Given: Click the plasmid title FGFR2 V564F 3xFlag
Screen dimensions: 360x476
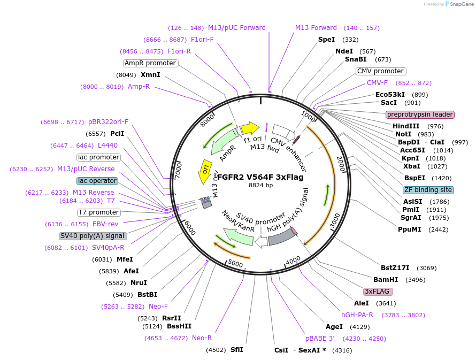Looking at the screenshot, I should point(260,177).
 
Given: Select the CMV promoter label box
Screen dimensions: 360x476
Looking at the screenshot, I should point(381,71).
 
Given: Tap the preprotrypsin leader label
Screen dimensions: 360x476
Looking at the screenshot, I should point(420,114).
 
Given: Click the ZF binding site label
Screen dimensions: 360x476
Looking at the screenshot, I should point(428,190).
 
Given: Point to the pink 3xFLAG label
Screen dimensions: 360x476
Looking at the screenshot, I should point(378,292).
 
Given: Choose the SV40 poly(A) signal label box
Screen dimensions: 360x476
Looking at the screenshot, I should point(93,236).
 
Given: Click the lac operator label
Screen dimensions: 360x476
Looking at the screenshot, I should point(97,181).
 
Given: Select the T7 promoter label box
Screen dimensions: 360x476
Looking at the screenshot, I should point(98,212).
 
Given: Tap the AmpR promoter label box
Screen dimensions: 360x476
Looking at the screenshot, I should point(150,63).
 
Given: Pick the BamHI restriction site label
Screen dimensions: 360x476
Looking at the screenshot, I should point(386,280).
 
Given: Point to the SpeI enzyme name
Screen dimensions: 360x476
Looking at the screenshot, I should point(326,40).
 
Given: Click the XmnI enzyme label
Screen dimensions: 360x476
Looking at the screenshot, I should point(150,75).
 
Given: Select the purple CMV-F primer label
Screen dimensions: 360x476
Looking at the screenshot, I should point(377,83).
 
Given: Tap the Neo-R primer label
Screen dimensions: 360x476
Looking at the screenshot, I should point(202,338).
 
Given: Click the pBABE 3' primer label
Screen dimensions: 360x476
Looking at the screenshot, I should point(320,338).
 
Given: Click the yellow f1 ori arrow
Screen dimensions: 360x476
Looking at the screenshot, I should point(249,128).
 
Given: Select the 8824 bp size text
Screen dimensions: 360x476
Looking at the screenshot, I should point(261,186).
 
